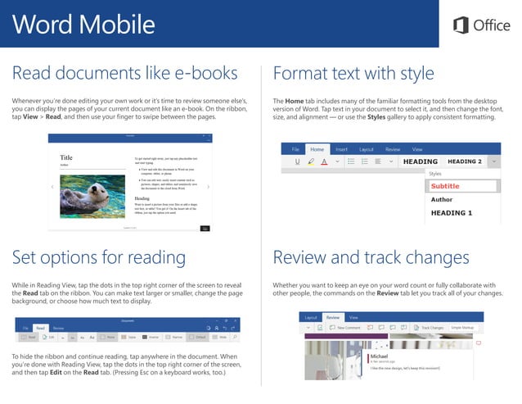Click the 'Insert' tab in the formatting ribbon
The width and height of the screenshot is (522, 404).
pyautogui.click(x=341, y=149)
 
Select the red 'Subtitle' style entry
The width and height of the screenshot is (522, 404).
pyautogui.click(x=445, y=186)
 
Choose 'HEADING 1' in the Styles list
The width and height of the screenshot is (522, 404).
pyautogui.click(x=452, y=213)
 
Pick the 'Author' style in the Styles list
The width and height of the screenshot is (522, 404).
pyautogui.click(x=442, y=199)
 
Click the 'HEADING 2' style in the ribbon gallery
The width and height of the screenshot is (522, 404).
pyautogui.click(x=465, y=161)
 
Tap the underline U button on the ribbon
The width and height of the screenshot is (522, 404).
pyautogui.click(x=295, y=162)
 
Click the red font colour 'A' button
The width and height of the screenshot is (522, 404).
pyautogui.click(x=324, y=162)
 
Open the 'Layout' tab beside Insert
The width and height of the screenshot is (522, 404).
pyautogui.click(x=366, y=149)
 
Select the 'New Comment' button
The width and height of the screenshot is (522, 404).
pyautogui.click(x=347, y=327)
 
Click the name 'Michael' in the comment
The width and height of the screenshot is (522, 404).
pyautogui.click(x=379, y=356)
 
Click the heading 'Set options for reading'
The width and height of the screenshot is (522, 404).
pyautogui.click(x=98, y=258)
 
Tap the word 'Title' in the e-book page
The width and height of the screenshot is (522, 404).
pyautogui.click(x=66, y=157)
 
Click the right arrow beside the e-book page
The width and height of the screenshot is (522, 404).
pyautogui.click(x=208, y=187)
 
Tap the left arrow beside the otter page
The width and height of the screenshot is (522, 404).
pyautogui.click(x=52, y=187)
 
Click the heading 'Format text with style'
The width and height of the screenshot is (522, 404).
pyautogui.click(x=353, y=74)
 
